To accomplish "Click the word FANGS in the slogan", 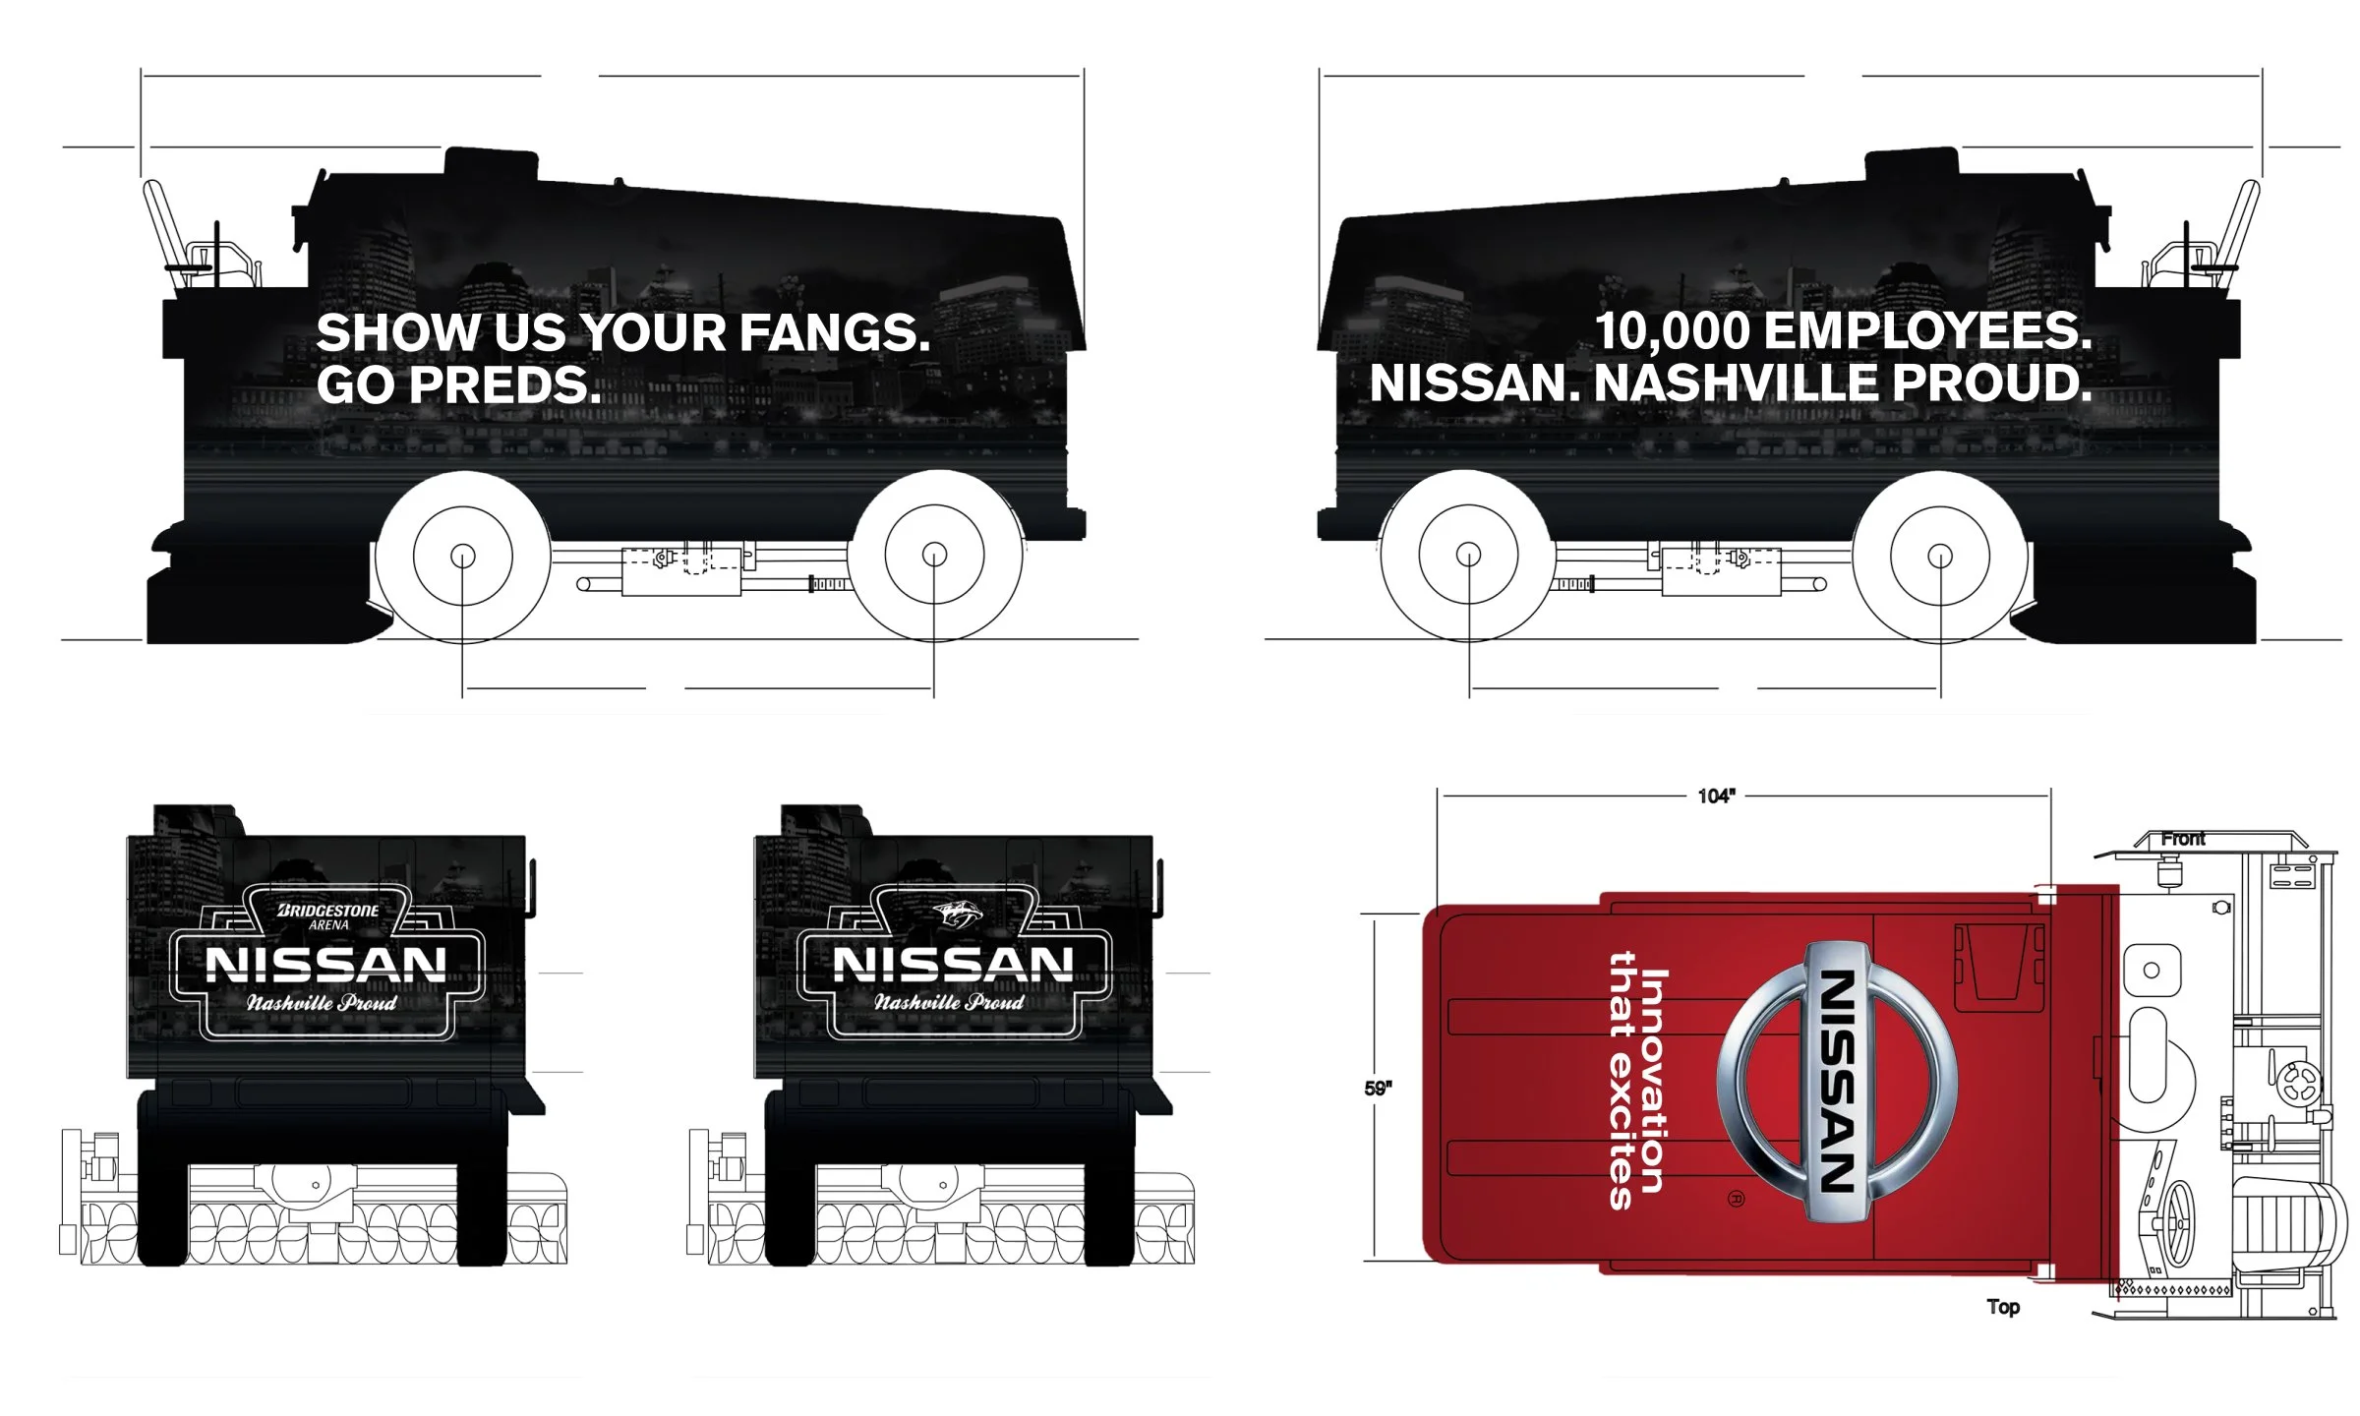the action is (833, 332).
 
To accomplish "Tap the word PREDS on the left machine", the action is (504, 384).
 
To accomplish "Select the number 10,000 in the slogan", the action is (1672, 331).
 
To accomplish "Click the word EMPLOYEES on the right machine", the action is (1927, 331).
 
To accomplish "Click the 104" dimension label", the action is (1716, 796).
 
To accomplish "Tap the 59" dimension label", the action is (1378, 1089).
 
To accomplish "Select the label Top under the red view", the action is (2003, 1307).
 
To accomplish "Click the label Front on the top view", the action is (2182, 839).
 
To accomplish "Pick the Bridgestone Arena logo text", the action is (327, 915).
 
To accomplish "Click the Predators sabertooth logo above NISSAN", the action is (957, 914).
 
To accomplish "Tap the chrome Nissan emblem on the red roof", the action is (1837, 1082).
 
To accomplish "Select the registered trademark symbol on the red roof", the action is (1736, 1199).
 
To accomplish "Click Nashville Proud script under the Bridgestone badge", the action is (322, 1003).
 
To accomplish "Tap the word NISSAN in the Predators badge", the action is (953, 965).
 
